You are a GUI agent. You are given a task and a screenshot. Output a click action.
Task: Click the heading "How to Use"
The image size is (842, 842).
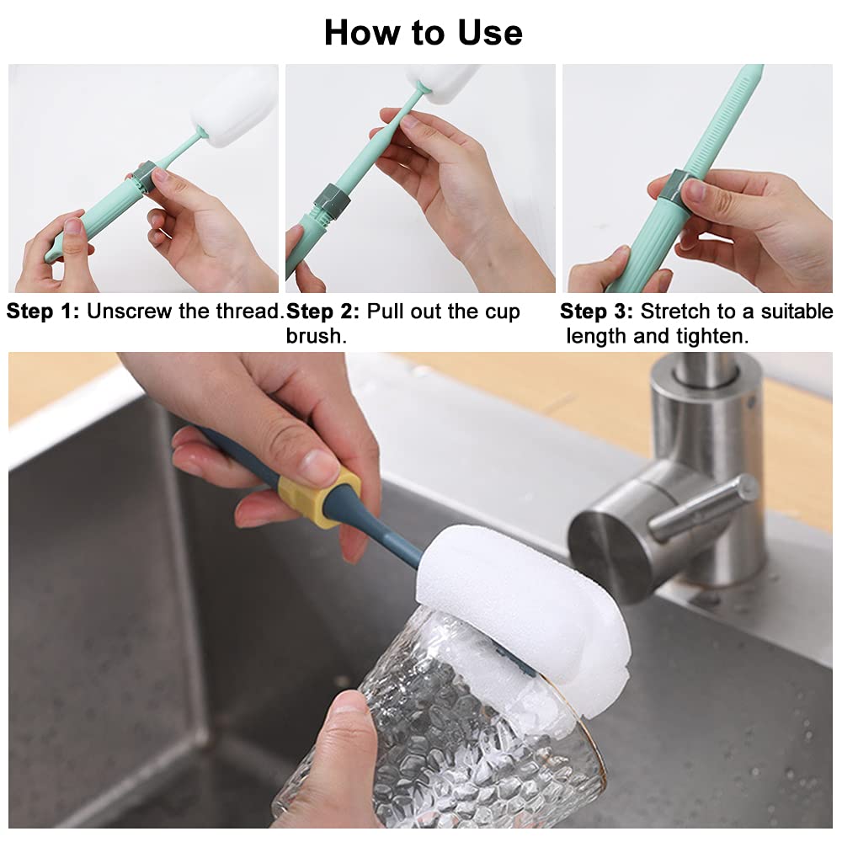(x=423, y=33)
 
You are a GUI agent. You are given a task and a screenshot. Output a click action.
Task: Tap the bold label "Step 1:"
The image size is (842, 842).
(x=43, y=312)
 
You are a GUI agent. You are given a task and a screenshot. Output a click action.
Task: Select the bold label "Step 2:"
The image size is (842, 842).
(x=323, y=312)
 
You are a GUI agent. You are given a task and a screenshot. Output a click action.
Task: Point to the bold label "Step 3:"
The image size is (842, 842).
(x=596, y=312)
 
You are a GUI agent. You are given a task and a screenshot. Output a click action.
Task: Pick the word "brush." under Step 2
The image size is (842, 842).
(x=316, y=336)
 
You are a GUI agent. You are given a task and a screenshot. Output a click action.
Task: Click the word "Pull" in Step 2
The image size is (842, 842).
(x=385, y=312)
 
